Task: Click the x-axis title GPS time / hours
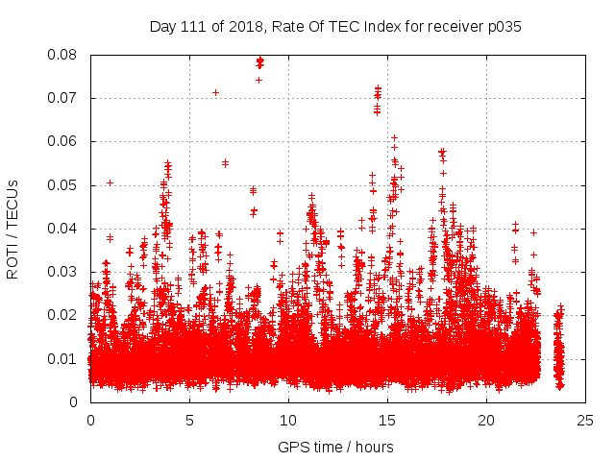pyautogui.click(x=335, y=447)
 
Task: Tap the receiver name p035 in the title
pyautogui.click(x=503, y=27)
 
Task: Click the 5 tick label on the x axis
pyautogui.click(x=189, y=420)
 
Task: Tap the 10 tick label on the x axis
pyautogui.click(x=288, y=420)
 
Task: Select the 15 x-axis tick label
pyautogui.click(x=387, y=420)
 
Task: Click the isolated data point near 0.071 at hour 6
pyautogui.click(x=215, y=92)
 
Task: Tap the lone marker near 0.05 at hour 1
pyautogui.click(x=110, y=182)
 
